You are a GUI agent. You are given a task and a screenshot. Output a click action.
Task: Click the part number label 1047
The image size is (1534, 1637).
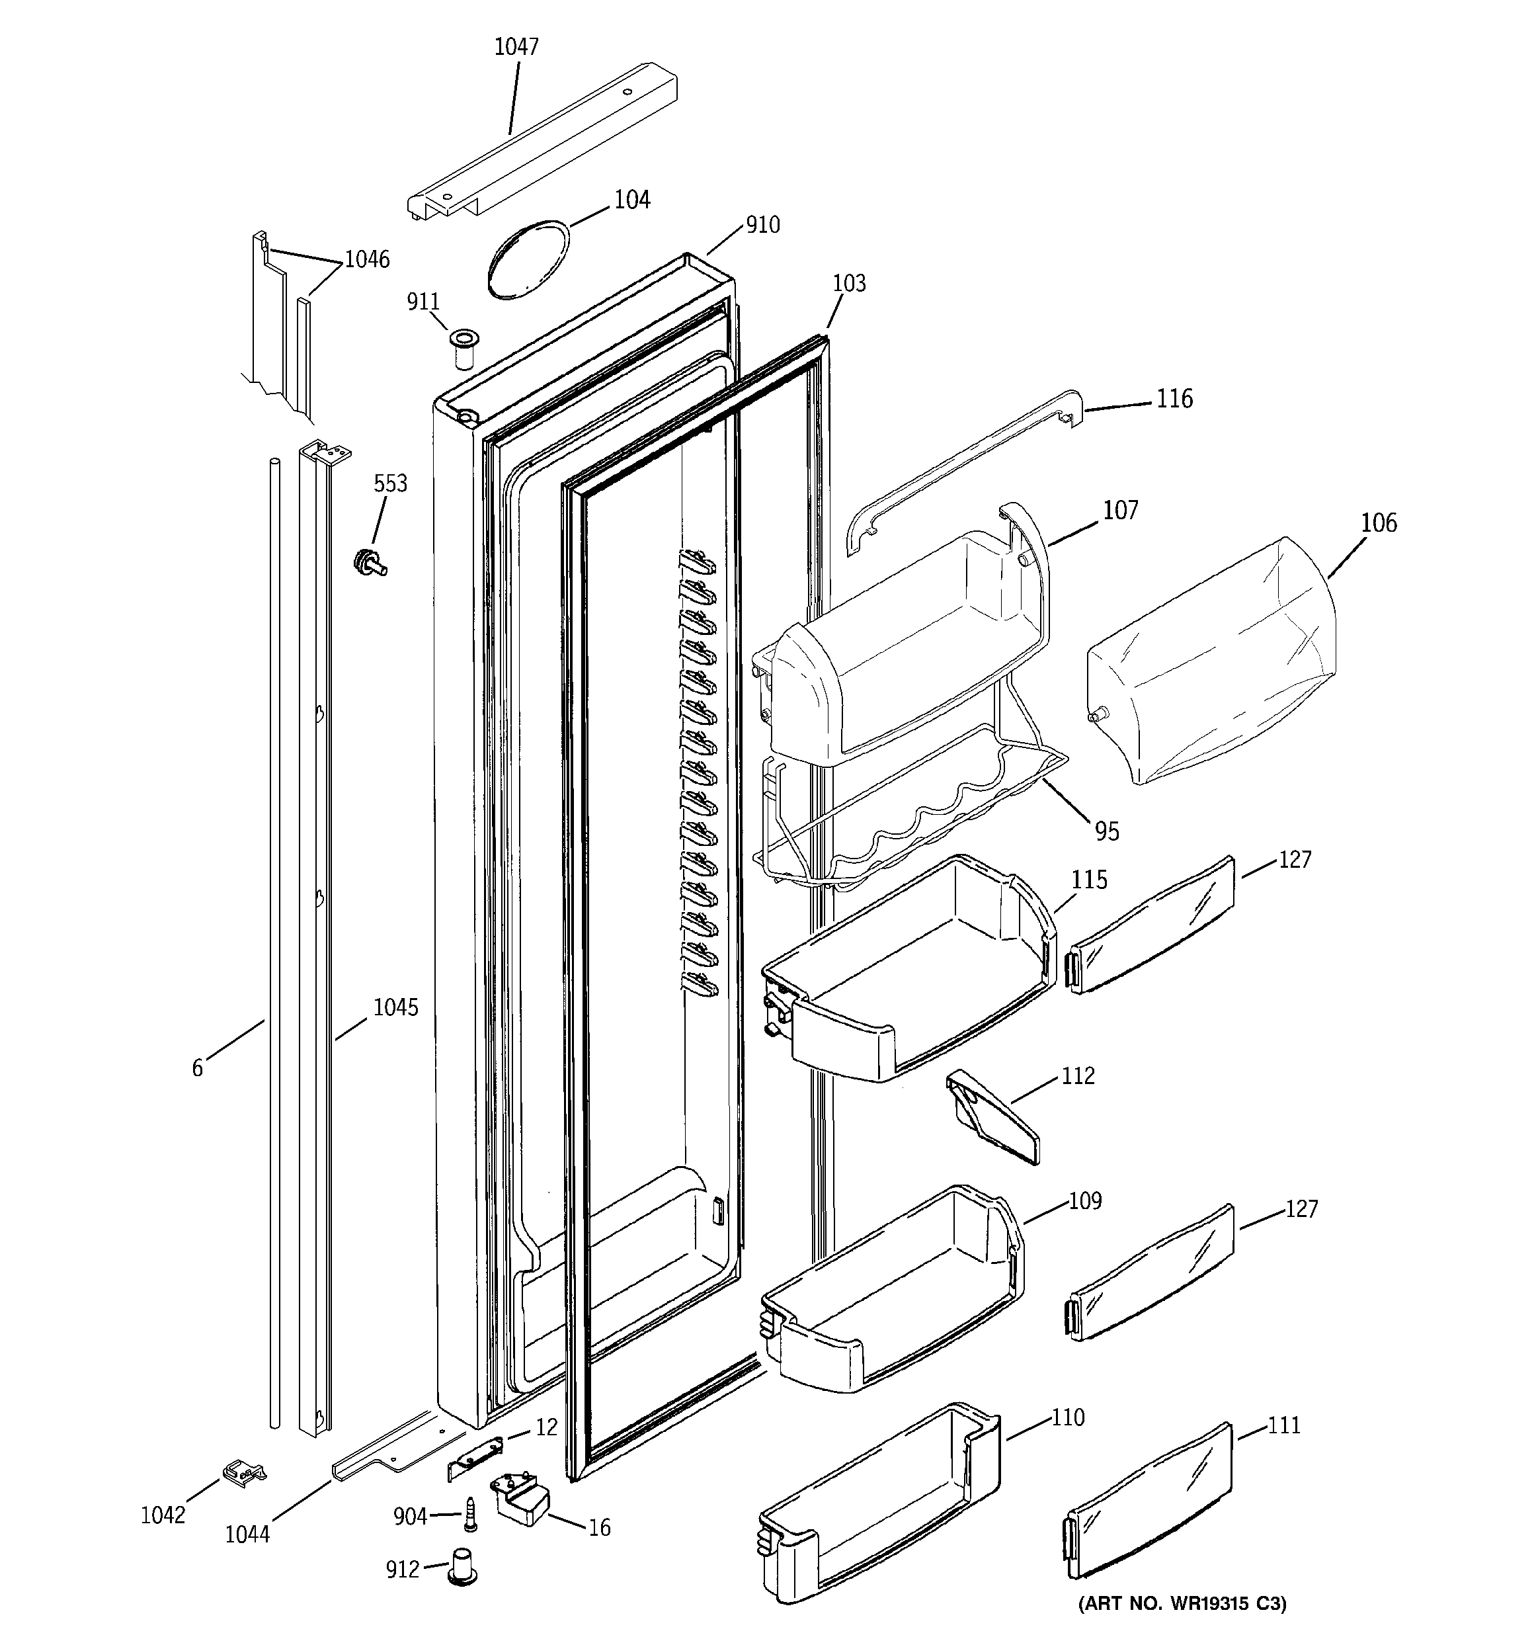(x=516, y=47)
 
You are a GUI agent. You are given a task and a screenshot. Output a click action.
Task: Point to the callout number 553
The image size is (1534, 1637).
(x=390, y=483)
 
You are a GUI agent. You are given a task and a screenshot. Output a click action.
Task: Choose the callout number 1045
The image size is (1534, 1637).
(x=395, y=1007)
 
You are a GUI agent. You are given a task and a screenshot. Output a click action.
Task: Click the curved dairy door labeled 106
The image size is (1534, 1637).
(x=1211, y=663)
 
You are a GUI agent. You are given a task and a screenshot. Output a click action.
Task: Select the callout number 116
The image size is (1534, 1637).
(x=1174, y=399)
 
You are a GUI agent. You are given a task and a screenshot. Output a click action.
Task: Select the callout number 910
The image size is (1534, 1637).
(x=762, y=225)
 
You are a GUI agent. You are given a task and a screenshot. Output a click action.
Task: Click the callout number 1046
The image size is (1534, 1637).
(x=366, y=259)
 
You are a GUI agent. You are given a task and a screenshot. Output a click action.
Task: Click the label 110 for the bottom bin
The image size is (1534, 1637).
(x=1067, y=1417)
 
